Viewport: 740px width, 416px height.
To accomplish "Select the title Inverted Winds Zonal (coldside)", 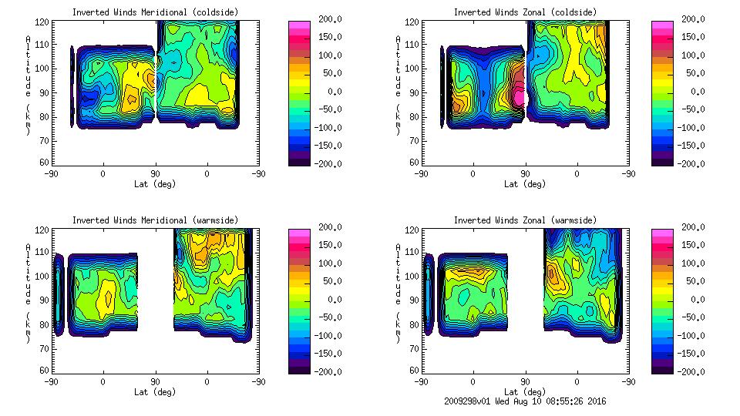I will click(524, 12).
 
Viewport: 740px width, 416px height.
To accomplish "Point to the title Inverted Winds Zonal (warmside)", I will click(524, 220).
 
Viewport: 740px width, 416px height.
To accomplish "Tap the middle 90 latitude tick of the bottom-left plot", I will click(155, 381).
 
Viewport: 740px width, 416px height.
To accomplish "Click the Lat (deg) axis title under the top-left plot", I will click(155, 183).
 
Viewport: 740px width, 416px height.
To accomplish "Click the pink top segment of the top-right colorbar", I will click(662, 25).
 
